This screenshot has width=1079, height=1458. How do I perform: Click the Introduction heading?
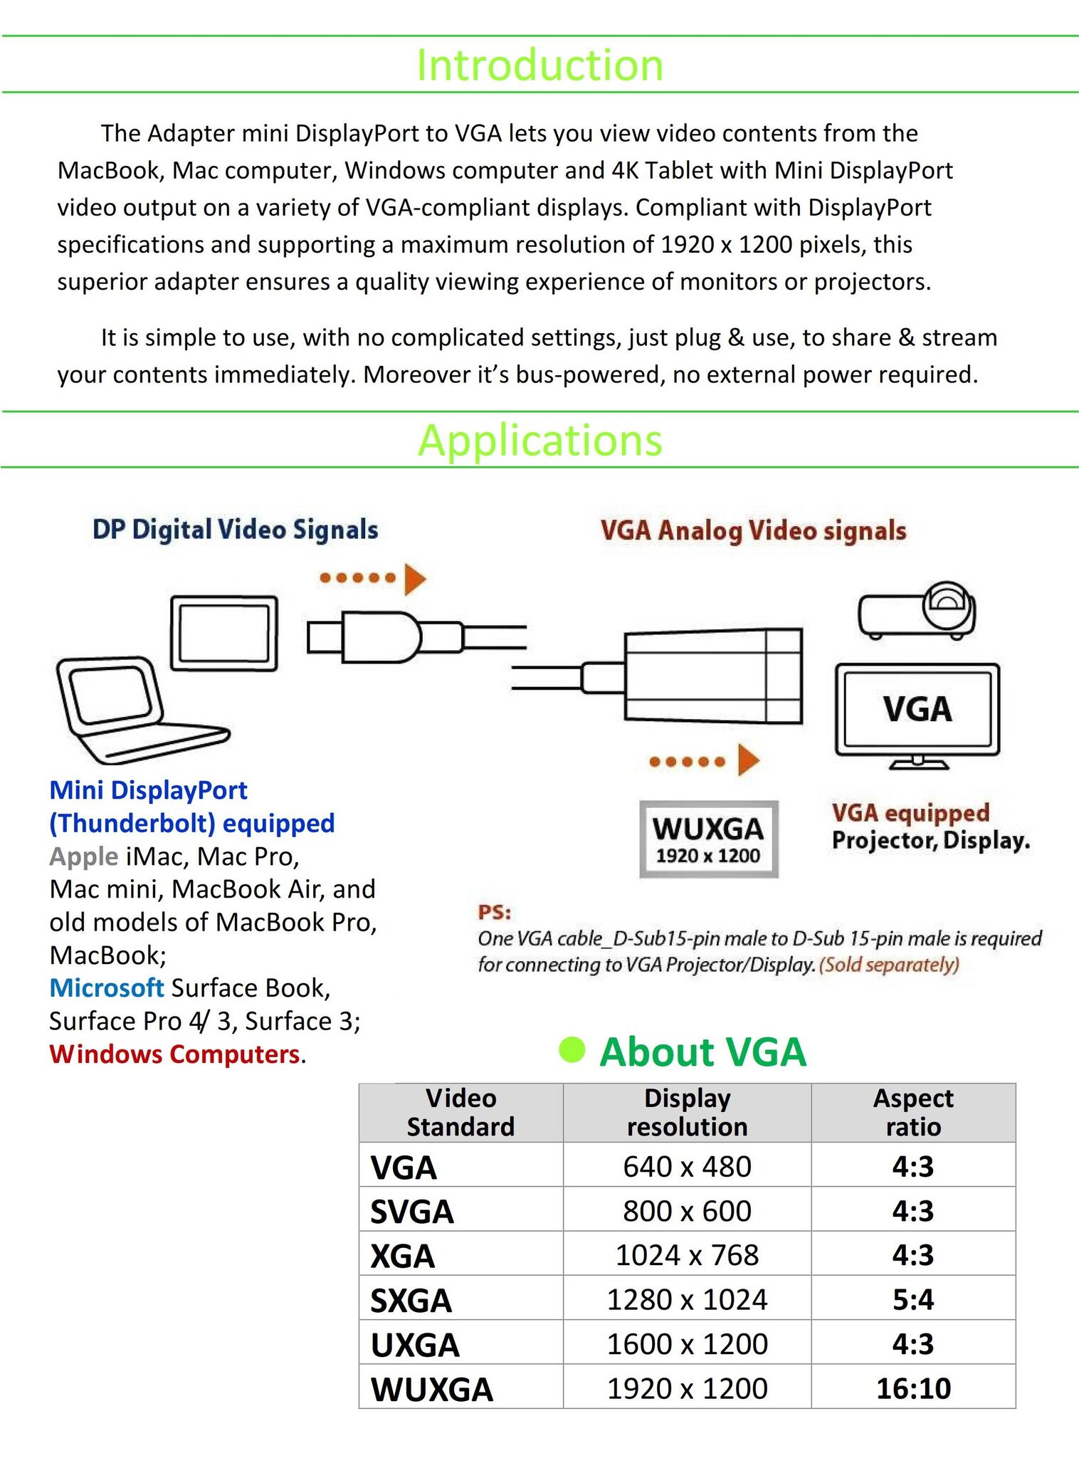click(x=539, y=65)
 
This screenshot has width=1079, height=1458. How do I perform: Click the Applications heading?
click(x=539, y=440)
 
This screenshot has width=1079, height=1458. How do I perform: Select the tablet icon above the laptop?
click(x=223, y=633)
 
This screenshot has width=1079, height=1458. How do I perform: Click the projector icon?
click(x=917, y=610)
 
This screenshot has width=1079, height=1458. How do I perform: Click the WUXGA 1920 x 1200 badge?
click(x=708, y=839)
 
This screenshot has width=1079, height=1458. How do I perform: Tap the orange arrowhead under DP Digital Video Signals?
click(x=414, y=578)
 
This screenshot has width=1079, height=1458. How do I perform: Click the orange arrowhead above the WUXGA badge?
click(x=747, y=760)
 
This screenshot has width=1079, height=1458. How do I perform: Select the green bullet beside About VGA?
click(x=572, y=1049)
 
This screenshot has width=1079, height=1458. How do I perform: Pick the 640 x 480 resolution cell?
click(x=687, y=1167)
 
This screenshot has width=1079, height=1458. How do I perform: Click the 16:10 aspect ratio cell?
click(x=913, y=1388)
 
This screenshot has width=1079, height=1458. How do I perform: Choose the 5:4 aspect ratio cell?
click(x=913, y=1300)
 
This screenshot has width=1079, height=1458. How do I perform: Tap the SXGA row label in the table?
click(x=411, y=1301)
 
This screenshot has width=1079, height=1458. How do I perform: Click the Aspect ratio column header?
click(x=913, y=1113)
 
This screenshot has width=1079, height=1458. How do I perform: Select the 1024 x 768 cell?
click(x=687, y=1255)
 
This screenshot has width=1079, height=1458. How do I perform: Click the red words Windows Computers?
click(x=174, y=1054)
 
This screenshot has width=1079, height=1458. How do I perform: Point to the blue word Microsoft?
click(x=107, y=988)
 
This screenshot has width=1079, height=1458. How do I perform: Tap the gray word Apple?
click(x=83, y=856)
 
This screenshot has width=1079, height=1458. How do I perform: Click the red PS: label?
click(x=495, y=913)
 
